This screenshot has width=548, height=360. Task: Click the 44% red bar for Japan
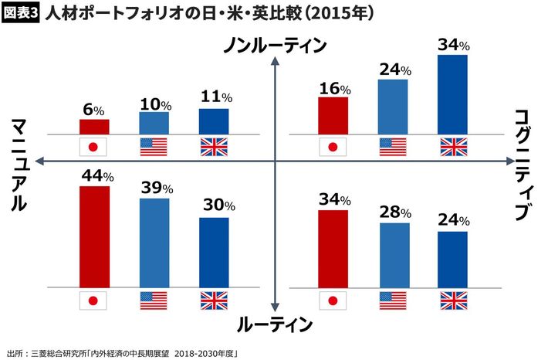(94, 236)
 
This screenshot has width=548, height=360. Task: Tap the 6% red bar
(94, 126)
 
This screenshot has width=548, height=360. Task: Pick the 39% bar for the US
(154, 242)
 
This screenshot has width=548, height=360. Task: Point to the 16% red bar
(333, 115)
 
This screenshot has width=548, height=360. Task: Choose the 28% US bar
(394, 254)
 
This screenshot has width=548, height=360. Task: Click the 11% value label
(215, 98)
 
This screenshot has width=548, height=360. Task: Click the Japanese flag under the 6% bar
(94, 147)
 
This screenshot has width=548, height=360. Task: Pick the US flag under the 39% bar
(154, 300)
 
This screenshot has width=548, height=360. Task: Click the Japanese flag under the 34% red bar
(333, 300)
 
